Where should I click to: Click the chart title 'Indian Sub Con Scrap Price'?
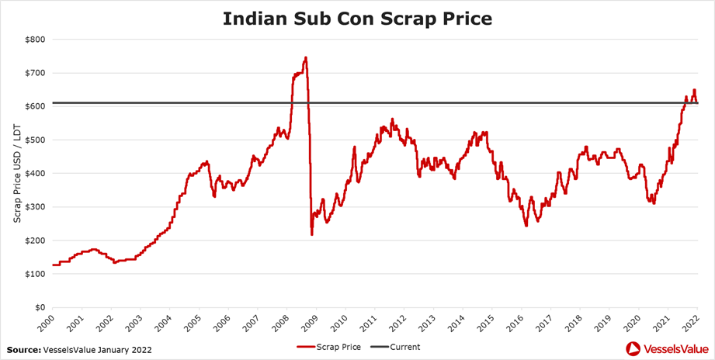point(357,18)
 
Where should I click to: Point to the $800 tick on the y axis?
point(35,39)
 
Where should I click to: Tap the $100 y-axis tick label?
point(35,274)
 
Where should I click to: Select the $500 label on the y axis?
point(35,140)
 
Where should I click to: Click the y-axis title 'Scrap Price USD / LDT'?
point(17,173)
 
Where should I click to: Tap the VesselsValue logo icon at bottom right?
point(633,348)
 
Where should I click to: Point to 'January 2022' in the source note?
point(125,350)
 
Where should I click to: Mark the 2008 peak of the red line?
point(306,57)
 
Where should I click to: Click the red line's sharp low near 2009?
point(312,234)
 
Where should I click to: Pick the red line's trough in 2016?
point(526,225)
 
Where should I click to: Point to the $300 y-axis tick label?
point(35,207)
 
